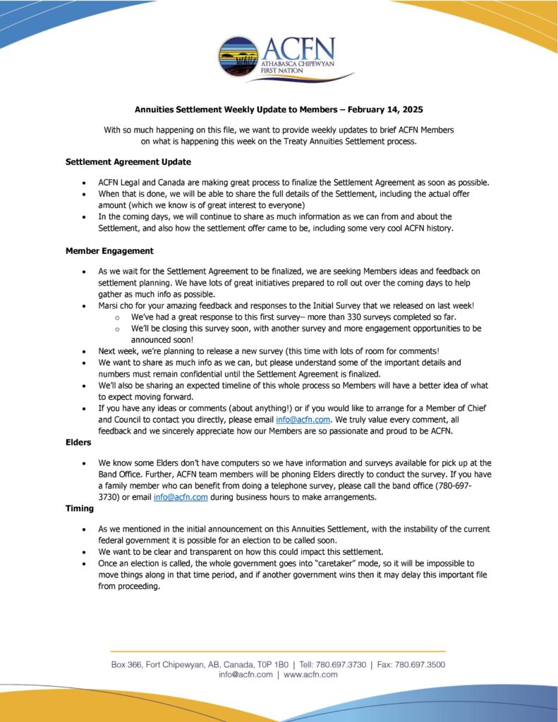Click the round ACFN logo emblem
[238, 57]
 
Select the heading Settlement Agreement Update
[128, 161]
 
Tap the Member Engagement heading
[109, 250]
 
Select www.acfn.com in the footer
[310, 675]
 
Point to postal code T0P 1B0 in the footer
[269, 664]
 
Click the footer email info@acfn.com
[245, 675]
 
